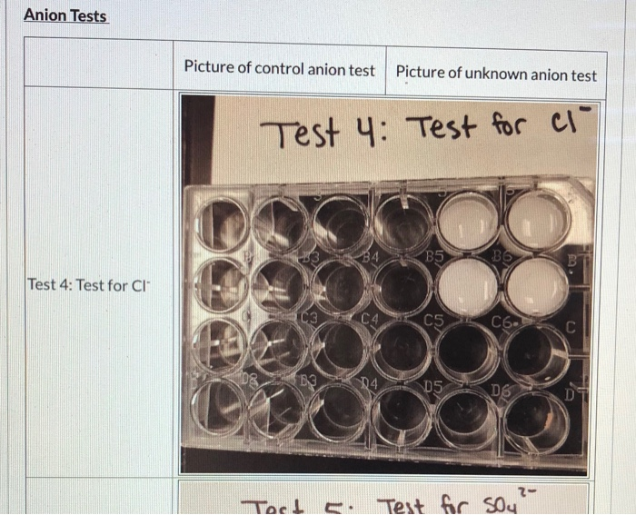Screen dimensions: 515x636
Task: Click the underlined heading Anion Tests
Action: [65, 15]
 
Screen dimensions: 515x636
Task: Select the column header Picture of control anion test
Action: [279, 68]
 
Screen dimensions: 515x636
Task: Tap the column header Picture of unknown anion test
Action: [496, 74]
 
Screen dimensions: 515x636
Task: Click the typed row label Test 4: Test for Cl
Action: [87, 284]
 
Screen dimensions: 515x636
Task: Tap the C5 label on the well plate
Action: [436, 319]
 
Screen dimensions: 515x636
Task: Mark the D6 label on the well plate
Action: [502, 389]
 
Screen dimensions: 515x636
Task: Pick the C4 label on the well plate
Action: [367, 319]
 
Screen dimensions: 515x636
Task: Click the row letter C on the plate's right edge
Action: [571, 326]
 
